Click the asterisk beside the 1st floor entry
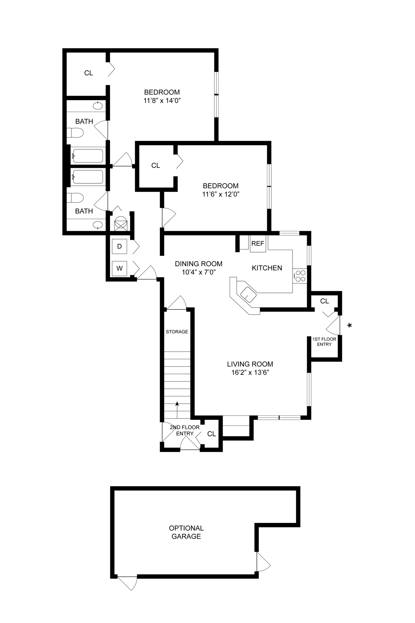[349, 325]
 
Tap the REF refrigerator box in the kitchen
[258, 244]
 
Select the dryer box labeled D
[119, 246]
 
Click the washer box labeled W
[119, 268]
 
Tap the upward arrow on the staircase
[177, 405]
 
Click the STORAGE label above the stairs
[177, 332]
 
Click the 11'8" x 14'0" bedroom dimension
[162, 100]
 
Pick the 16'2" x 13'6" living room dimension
[250, 372]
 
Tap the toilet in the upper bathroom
[75, 133]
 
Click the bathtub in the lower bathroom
[88, 177]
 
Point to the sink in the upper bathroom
[98, 106]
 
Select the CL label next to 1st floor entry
[324, 301]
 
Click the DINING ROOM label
[198, 264]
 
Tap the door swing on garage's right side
[263, 562]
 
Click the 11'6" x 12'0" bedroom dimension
[221, 194]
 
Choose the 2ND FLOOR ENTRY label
[185, 430]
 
